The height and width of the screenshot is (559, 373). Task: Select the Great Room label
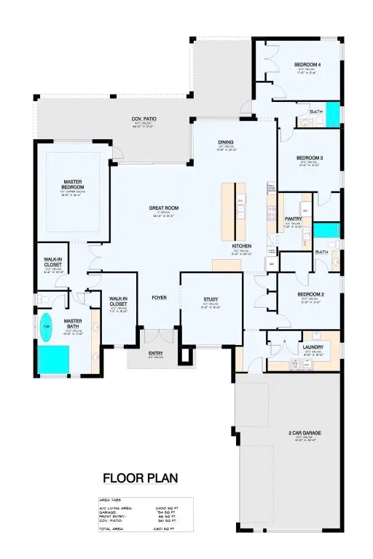tap(164, 208)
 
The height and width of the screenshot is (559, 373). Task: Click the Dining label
tap(225, 142)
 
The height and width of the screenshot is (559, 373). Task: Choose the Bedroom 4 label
tap(308, 65)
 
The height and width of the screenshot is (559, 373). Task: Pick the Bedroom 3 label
tap(310, 158)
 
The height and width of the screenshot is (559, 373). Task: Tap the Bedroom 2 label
tap(310, 295)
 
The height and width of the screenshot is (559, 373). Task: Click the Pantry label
tap(294, 218)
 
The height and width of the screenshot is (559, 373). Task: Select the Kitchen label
tap(242, 246)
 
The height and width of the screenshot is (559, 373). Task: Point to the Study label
tap(211, 299)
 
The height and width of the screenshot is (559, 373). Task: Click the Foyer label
tap(160, 298)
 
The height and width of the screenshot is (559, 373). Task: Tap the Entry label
tap(156, 354)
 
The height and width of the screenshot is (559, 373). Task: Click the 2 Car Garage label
tap(305, 433)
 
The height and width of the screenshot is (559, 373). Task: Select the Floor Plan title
tap(140, 478)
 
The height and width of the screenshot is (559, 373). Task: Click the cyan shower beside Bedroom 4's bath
tap(332, 114)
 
